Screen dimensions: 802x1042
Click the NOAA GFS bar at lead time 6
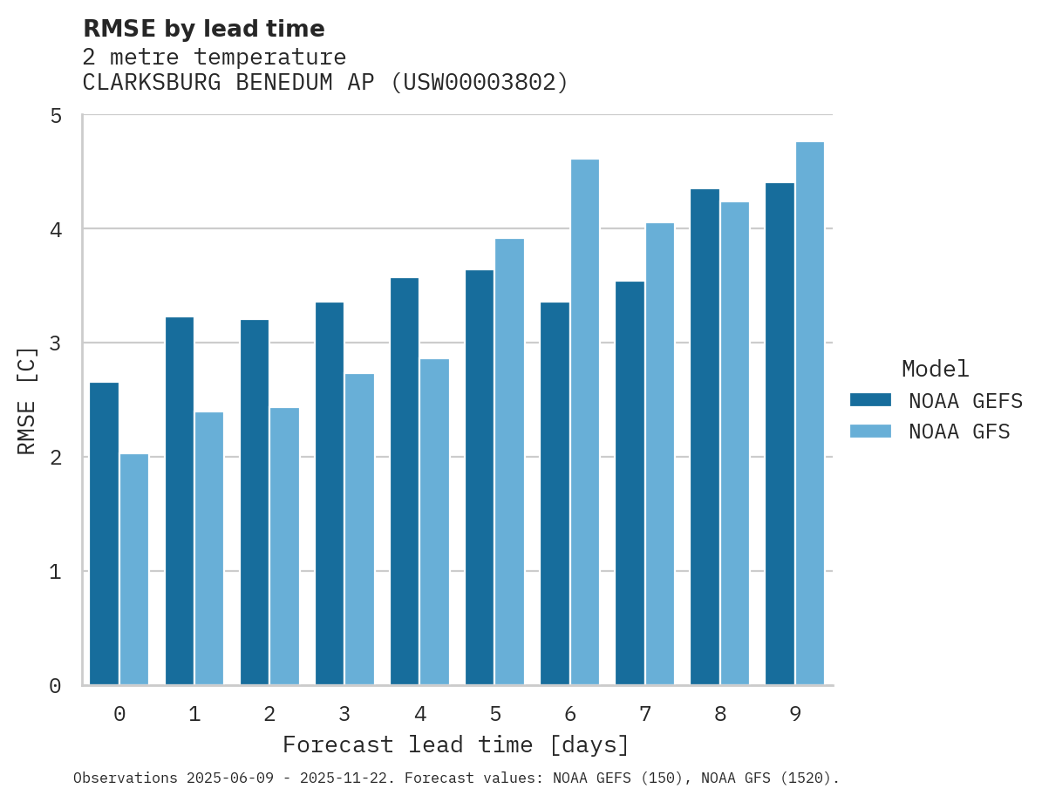click(x=584, y=422)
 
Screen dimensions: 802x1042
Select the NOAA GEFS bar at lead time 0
click(x=104, y=534)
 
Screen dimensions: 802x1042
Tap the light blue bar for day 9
click(x=809, y=413)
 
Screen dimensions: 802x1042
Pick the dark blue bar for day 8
click(x=705, y=437)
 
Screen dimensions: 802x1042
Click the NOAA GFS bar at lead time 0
click(x=134, y=569)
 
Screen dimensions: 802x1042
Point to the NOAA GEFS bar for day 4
click(x=405, y=481)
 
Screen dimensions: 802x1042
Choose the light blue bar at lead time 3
click(x=359, y=529)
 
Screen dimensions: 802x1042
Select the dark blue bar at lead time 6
click(x=555, y=493)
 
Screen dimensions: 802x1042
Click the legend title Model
click(x=935, y=369)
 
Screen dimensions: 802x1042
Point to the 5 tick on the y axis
click(x=56, y=116)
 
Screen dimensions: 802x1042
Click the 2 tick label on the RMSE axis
click(x=56, y=458)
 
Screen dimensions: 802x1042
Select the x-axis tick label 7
click(x=645, y=715)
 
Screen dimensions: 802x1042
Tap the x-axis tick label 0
click(x=119, y=715)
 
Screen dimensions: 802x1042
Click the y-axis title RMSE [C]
click(x=27, y=400)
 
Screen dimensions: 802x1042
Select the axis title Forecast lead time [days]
click(x=456, y=745)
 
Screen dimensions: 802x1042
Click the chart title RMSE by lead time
click(x=203, y=29)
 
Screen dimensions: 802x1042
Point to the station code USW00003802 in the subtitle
click(x=479, y=83)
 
